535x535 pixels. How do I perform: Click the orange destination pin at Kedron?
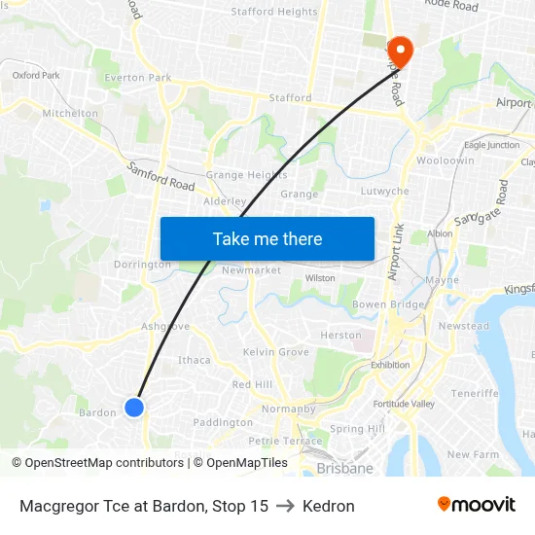(x=400, y=50)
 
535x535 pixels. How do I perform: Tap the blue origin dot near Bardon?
(x=134, y=408)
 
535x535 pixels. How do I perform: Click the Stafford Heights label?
(x=274, y=13)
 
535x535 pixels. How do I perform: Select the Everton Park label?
(x=138, y=78)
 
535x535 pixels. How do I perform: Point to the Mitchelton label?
(x=71, y=113)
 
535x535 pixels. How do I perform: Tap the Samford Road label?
(x=161, y=177)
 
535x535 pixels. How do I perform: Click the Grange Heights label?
(x=246, y=175)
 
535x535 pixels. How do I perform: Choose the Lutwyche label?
(x=384, y=192)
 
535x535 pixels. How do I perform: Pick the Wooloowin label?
(x=445, y=160)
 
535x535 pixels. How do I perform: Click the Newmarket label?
(x=251, y=270)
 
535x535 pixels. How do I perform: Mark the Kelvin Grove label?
(x=276, y=352)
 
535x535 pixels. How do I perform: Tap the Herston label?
(x=340, y=336)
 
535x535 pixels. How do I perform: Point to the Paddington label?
(x=223, y=422)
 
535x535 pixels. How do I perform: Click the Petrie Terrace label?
(x=285, y=441)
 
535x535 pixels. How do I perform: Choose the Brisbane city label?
(x=344, y=468)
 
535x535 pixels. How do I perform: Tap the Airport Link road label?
(x=395, y=252)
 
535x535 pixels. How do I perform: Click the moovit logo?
(x=476, y=505)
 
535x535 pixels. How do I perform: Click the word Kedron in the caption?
(x=329, y=506)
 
